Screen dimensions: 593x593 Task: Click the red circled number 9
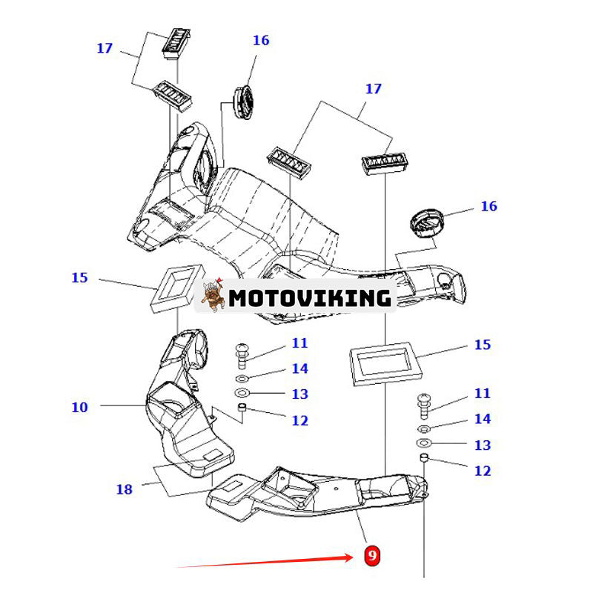[x=372, y=554]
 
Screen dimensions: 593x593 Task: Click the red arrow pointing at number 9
[x=267, y=561]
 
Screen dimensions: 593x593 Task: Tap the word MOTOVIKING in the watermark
[x=309, y=298]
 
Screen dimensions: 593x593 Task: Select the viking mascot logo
[x=212, y=296]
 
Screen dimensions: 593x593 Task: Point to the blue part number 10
[x=79, y=407]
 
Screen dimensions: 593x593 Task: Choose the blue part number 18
[x=124, y=489]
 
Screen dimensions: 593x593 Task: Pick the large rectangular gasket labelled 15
[x=385, y=361]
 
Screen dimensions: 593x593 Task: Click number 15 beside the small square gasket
[x=79, y=278]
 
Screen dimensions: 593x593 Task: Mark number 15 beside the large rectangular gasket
[x=482, y=345]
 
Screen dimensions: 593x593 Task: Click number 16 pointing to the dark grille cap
[x=488, y=206]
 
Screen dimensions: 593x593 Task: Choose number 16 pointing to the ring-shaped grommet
[x=261, y=41]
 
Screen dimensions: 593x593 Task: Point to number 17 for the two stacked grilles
[x=105, y=48]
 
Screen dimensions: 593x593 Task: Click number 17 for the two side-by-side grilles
[x=374, y=89]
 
